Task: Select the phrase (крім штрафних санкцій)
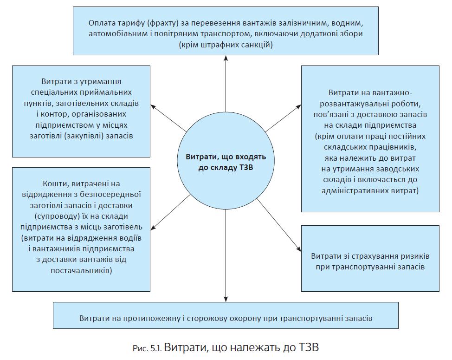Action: [x=226, y=45]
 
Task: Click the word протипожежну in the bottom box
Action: [x=147, y=319]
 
